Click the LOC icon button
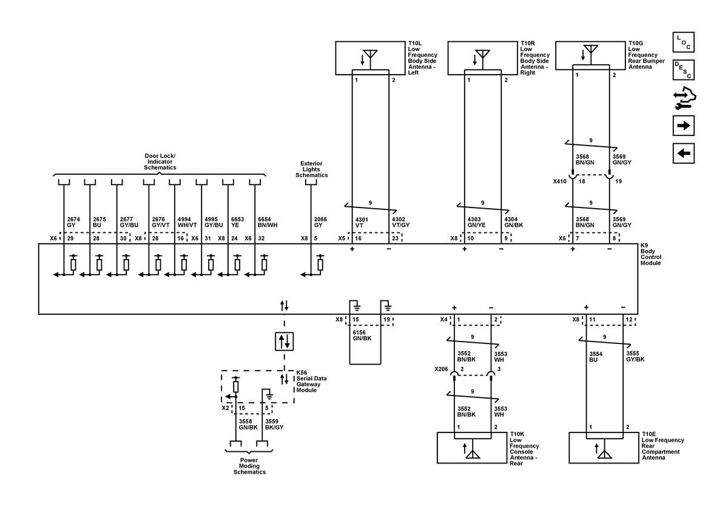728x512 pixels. pyautogui.click(x=684, y=42)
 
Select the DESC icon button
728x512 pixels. pyautogui.click(x=684, y=70)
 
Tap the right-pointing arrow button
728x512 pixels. pyautogui.click(x=684, y=126)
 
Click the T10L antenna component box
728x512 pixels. pyautogui.click(x=370, y=58)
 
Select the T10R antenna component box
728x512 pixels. pyautogui.click(x=482, y=58)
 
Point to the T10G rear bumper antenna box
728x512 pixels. pyautogui.click(x=590, y=55)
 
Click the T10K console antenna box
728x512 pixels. pyautogui.click(x=472, y=448)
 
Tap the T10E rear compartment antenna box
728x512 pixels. pyautogui.click(x=604, y=448)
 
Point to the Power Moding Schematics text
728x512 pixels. pyautogui.click(x=249, y=466)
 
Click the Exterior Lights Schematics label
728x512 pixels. pyautogui.click(x=311, y=169)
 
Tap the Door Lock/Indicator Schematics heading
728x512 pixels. pyautogui.click(x=160, y=161)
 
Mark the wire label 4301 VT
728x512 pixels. pyautogui.click(x=362, y=221)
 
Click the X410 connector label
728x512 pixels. pyautogui.click(x=559, y=181)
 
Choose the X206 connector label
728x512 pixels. pyautogui.click(x=441, y=369)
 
